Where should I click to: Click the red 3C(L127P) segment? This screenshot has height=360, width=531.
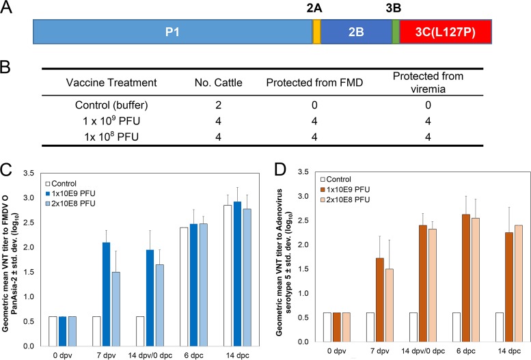445,31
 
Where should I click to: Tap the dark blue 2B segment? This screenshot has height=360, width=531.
355,31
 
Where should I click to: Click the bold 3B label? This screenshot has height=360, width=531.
395,8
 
